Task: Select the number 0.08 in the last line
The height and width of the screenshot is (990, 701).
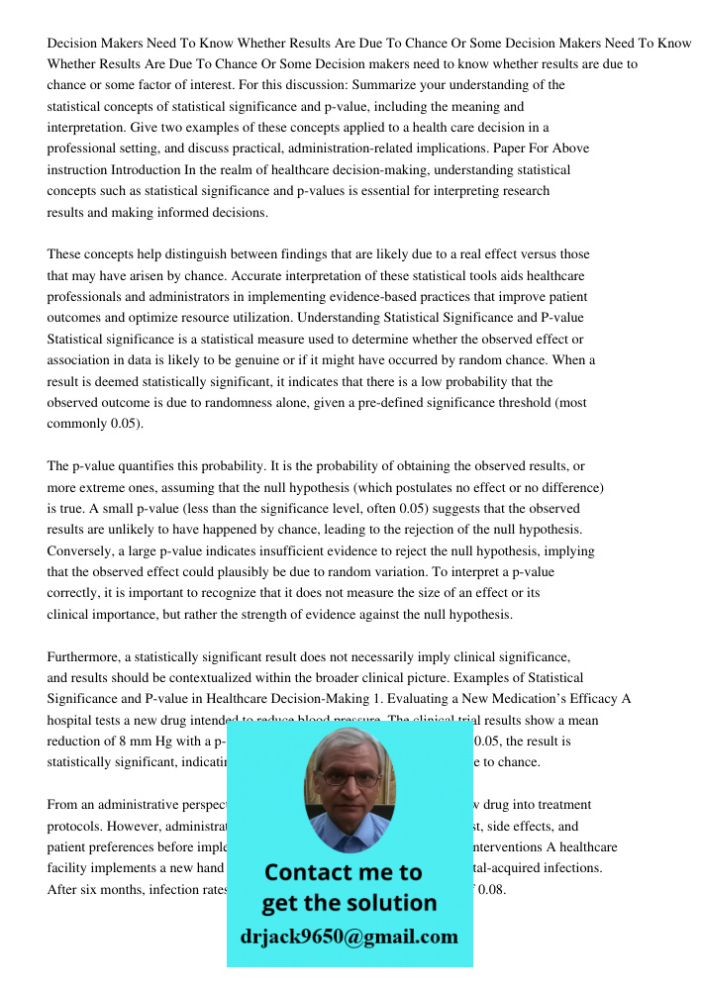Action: pos(491,889)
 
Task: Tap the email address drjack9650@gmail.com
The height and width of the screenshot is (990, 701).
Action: pos(350,937)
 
